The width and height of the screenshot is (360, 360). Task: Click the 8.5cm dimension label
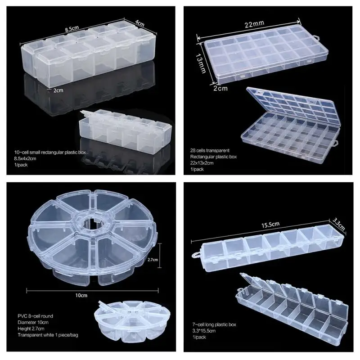coord(72,28)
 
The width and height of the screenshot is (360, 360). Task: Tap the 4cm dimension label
coord(140,22)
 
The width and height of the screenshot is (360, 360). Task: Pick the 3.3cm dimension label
coord(339,223)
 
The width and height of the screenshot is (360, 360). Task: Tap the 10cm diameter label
coord(81,295)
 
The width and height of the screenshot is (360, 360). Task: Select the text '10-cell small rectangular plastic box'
coord(49,153)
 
